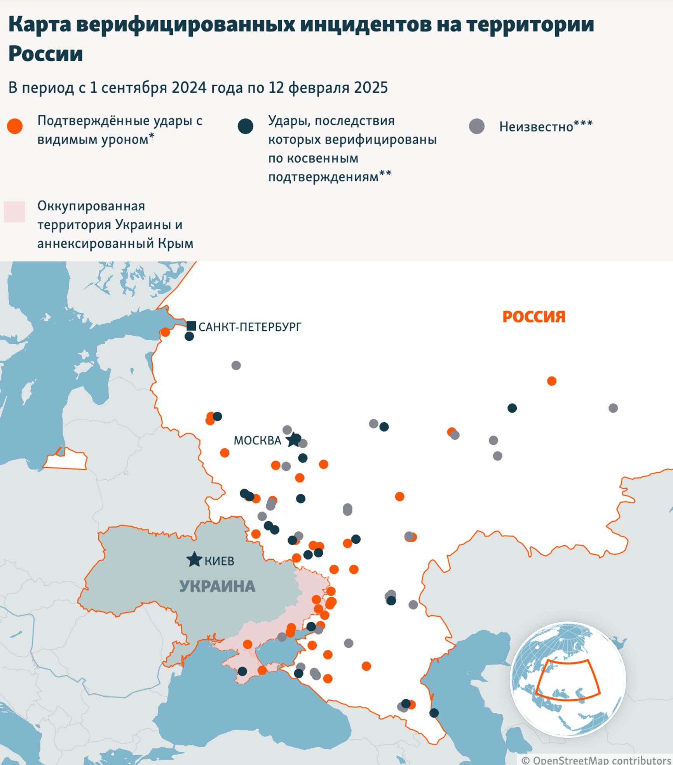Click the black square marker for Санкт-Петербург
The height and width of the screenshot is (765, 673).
pos(191,326)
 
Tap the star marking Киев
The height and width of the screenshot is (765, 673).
pos(194,560)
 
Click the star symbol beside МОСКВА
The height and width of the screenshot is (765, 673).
pos(293,440)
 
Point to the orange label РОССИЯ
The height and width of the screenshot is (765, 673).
pos(534,317)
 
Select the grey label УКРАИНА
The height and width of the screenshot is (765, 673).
pos(217,586)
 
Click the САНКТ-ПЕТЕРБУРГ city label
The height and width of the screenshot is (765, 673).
pos(250,327)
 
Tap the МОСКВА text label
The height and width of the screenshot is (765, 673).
pos(257,441)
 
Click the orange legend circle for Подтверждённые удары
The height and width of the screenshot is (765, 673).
pos(15,127)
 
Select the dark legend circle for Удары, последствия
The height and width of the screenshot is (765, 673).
pos(246,127)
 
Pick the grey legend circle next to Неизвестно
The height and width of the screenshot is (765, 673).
pos(477,127)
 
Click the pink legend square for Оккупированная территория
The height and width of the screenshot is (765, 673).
pos(14,212)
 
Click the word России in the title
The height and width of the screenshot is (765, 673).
pos(45,54)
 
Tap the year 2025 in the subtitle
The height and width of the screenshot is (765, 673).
pos(373,88)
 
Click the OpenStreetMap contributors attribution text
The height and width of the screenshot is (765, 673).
pos(596,760)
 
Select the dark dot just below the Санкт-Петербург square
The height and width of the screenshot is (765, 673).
pos(189,337)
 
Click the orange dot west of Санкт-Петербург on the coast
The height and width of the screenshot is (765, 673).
pos(165,332)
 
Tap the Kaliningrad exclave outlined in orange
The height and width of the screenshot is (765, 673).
pos(65,460)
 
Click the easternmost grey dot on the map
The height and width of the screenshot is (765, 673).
pos(613,408)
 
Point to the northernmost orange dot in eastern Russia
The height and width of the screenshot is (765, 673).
pos(552,381)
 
